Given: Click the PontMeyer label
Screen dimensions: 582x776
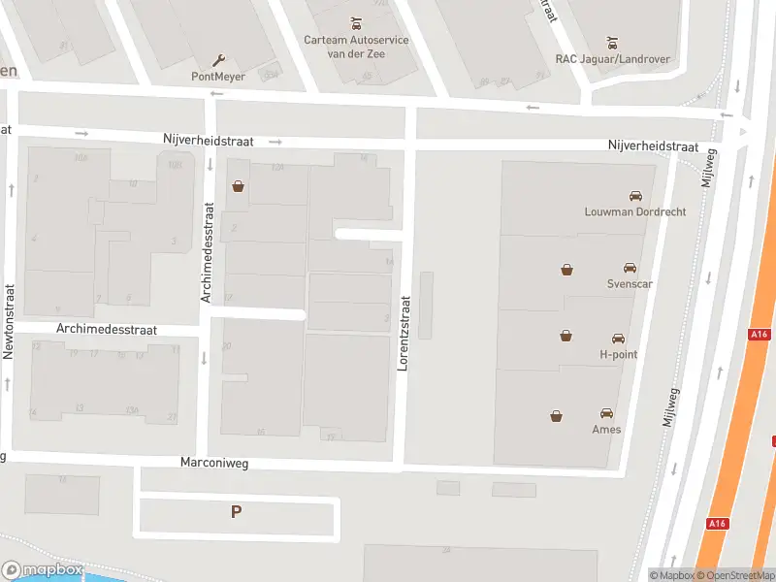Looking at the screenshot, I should pyautogui.click(x=218, y=77).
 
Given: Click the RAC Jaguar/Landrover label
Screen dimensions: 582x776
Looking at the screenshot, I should pyautogui.click(x=612, y=59).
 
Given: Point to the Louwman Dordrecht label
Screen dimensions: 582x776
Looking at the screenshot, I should pyautogui.click(x=634, y=211).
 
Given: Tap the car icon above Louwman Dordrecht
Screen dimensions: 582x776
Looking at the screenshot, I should pyautogui.click(x=635, y=195).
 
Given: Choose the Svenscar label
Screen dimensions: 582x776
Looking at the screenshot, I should pyautogui.click(x=629, y=284).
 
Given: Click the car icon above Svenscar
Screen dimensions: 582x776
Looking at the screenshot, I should pyautogui.click(x=630, y=268).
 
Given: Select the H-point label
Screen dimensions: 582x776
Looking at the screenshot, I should pyautogui.click(x=618, y=355).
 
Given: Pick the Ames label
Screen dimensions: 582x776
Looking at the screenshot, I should pyautogui.click(x=607, y=429).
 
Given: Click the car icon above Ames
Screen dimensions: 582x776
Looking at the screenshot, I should pyautogui.click(x=607, y=413).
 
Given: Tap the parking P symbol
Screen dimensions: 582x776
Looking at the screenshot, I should pyautogui.click(x=236, y=512).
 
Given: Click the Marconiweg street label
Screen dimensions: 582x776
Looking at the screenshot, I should pyautogui.click(x=214, y=463).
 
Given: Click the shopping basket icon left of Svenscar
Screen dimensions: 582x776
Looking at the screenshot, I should pyautogui.click(x=566, y=270).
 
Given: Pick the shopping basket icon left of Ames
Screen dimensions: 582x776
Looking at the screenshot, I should pyautogui.click(x=557, y=417).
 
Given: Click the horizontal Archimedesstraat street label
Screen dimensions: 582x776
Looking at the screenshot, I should pyautogui.click(x=107, y=330).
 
